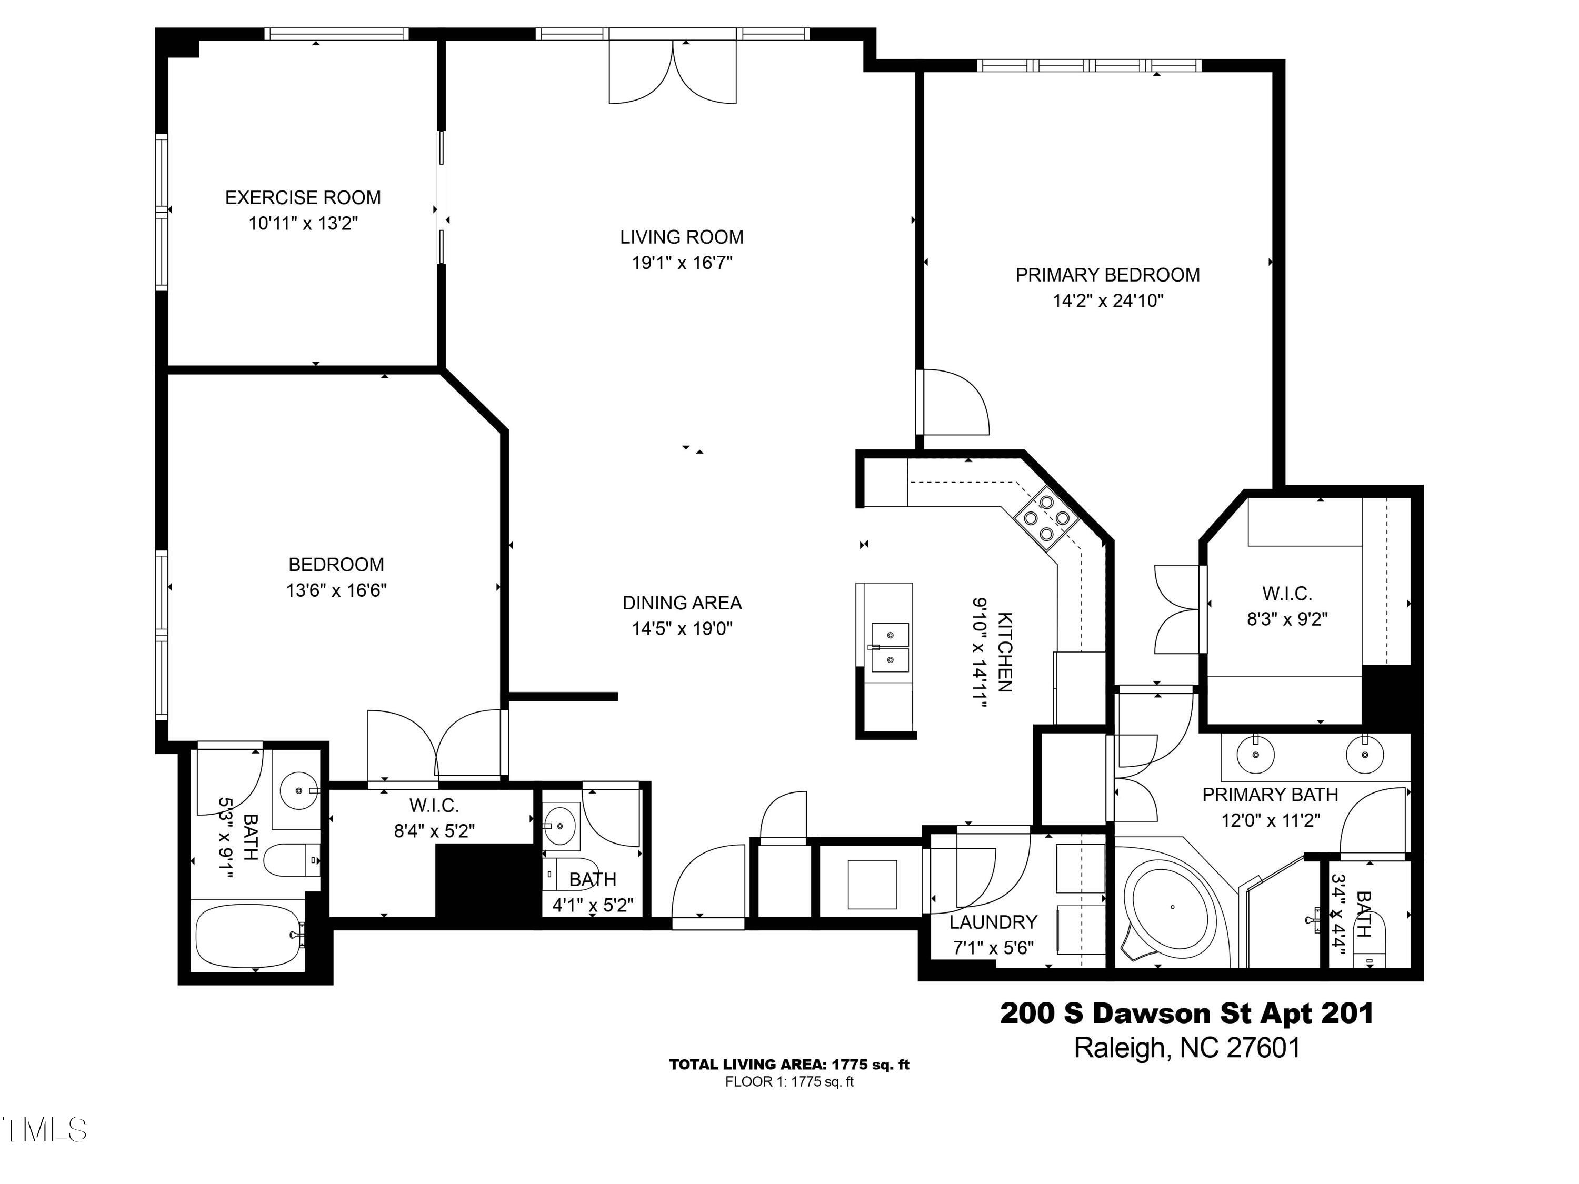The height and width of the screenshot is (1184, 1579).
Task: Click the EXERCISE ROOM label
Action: (x=303, y=198)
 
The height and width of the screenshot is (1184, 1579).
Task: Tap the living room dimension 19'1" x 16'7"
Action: (x=682, y=263)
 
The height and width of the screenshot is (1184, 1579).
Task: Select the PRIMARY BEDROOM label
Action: (x=1107, y=275)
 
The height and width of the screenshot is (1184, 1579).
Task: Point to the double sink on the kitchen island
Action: (x=890, y=647)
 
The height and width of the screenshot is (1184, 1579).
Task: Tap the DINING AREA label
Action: (x=682, y=603)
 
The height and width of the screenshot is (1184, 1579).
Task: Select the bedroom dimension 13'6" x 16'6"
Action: (x=336, y=591)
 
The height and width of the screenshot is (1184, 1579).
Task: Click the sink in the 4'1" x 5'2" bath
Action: (x=561, y=827)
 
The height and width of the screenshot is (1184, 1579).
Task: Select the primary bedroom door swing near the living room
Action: (x=953, y=402)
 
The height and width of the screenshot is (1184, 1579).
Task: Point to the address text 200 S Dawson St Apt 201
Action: (x=1186, y=1014)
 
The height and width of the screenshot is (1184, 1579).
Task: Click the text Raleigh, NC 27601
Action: (x=1186, y=1048)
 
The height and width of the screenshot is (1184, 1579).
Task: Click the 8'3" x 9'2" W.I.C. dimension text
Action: (x=1286, y=619)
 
